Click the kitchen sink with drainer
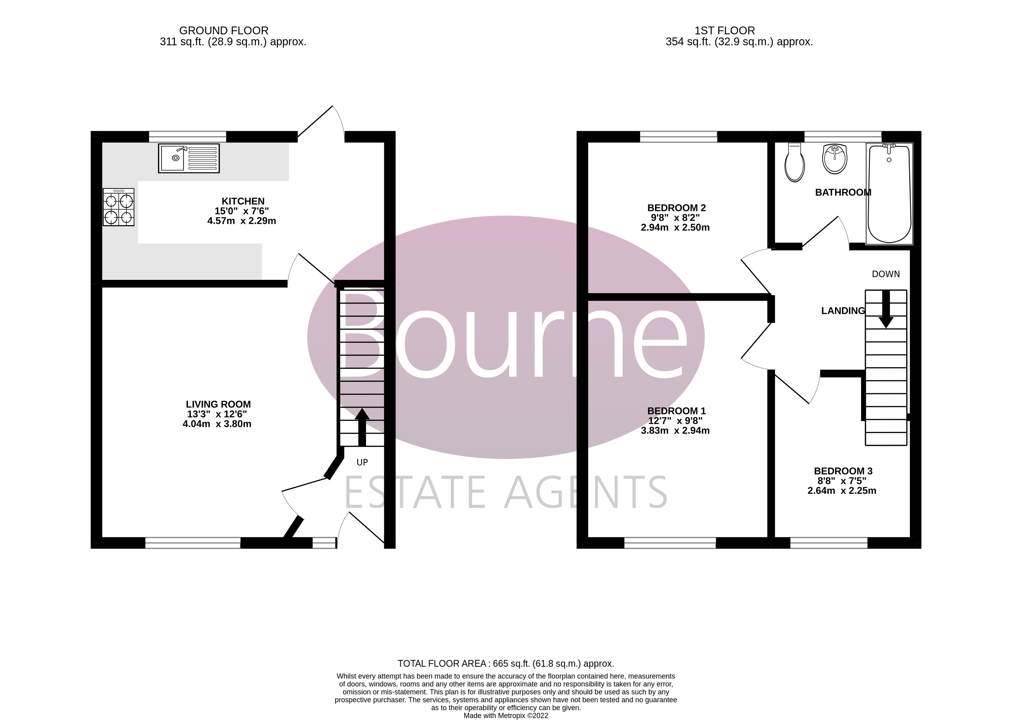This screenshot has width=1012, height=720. click(188, 158)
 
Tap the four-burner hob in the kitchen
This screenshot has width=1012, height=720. click(118, 207)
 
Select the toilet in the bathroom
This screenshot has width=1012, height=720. click(794, 163)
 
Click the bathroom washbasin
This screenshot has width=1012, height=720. click(835, 159)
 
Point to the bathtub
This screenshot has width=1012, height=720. click(889, 194)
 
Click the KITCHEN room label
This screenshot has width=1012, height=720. click(243, 201)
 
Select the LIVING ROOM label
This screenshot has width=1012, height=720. click(218, 404)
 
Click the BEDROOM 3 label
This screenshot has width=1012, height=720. click(843, 471)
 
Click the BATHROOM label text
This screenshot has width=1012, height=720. click(843, 192)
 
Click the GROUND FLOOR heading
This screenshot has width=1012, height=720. click(224, 31)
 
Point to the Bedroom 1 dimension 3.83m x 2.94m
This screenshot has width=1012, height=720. click(675, 430)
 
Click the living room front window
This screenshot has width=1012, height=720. click(193, 543)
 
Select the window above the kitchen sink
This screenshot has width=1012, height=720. click(187, 136)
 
